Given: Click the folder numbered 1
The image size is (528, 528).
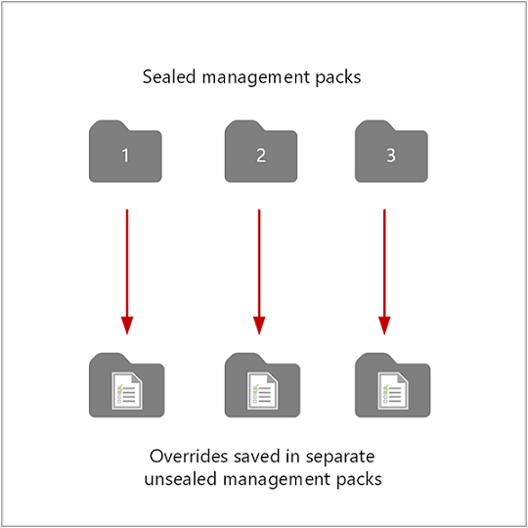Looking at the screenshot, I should [125, 153].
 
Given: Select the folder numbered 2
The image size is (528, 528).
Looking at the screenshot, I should [259, 153].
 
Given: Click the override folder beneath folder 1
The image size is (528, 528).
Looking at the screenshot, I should [126, 386].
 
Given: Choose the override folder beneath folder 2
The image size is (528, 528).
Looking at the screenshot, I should [261, 386].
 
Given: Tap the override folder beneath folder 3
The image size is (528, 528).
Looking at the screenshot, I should [391, 386].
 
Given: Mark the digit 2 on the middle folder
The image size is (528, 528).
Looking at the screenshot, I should [259, 155].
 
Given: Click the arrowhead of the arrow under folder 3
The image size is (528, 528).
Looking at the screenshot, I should [384, 323].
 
